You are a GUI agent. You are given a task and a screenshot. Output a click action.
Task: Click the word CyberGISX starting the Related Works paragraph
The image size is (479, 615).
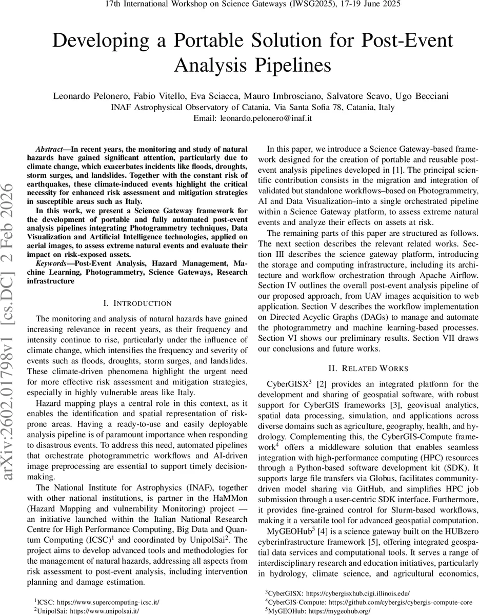(x=283, y=384)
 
